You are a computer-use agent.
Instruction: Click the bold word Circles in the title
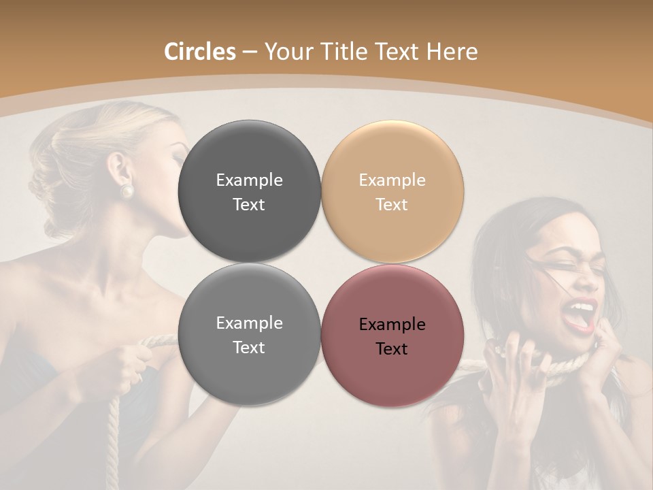click(199, 52)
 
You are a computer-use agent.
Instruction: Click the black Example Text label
click(392, 336)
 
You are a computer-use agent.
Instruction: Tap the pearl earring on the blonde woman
click(127, 191)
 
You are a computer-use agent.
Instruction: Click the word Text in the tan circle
click(392, 204)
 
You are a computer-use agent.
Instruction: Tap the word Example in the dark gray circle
click(249, 180)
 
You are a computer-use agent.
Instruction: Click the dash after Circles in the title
click(250, 52)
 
